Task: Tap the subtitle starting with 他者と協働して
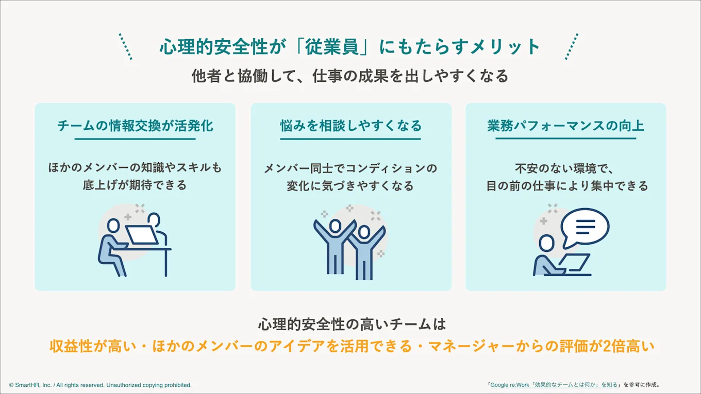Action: pos(350,76)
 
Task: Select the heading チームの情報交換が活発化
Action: pos(135,126)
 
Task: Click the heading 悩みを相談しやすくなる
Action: pos(350,126)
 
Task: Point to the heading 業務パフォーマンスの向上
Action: pos(565,126)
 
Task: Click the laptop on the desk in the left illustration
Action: pos(142,235)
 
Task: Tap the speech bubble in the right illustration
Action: pos(585,227)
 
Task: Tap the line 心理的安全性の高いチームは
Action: pos(350,324)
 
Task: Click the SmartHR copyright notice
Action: pos(100,385)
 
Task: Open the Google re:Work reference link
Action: pos(554,385)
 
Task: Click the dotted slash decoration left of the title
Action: pos(126,47)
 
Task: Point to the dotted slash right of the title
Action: pos(572,47)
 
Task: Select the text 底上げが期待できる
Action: pos(135,185)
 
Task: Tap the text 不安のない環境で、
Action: pos(565,168)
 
